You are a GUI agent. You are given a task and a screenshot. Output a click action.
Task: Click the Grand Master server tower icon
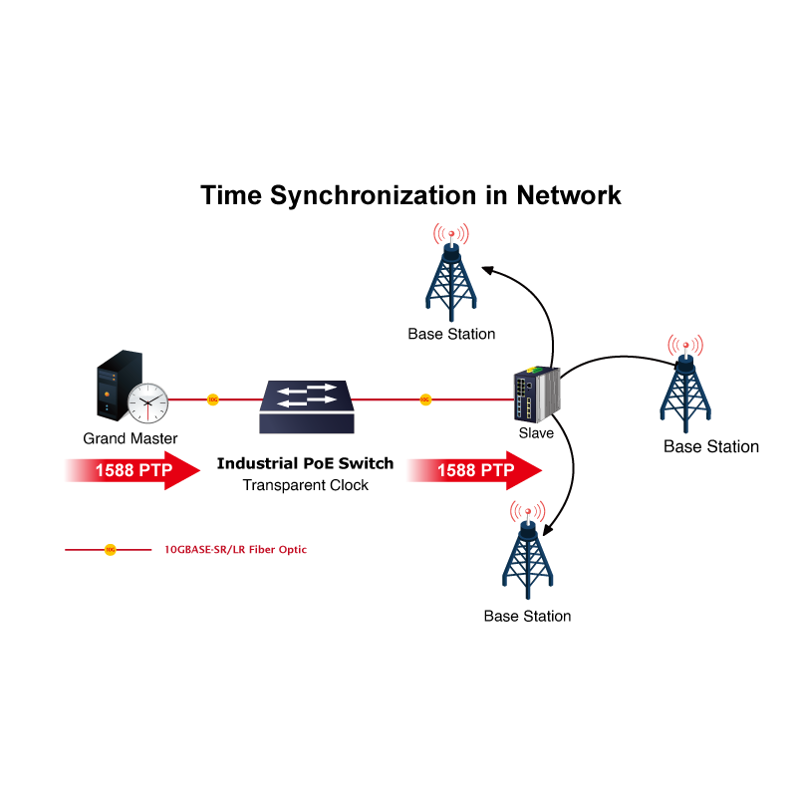[114, 390]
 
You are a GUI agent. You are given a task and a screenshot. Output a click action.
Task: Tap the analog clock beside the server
[147, 401]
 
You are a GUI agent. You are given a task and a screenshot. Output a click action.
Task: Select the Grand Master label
[131, 438]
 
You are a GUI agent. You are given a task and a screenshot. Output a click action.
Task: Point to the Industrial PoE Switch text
[305, 464]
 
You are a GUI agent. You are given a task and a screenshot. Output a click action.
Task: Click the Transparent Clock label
[306, 485]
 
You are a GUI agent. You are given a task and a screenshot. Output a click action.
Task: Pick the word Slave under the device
[536, 433]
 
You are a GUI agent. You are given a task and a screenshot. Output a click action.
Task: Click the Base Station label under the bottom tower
[527, 616]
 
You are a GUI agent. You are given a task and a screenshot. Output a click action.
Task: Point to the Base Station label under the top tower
[451, 334]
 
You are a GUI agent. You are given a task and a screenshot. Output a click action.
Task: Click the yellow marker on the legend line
[111, 549]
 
